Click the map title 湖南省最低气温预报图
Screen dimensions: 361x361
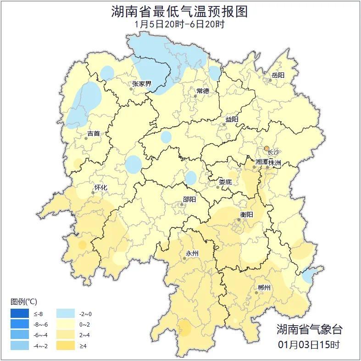[x=180, y=11]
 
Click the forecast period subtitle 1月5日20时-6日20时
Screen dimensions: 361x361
[x=180, y=24]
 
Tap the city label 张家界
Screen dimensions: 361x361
[x=142, y=83]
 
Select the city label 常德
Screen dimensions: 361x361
[x=203, y=91]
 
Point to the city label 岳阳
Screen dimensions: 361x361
[x=278, y=75]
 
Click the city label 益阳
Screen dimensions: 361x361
[x=232, y=119]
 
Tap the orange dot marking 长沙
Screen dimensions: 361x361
[x=267, y=148]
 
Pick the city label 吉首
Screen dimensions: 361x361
[x=93, y=133]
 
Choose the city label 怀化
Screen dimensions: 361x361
[x=100, y=188]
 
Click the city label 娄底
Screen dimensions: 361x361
[x=225, y=182]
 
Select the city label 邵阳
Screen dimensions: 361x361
[x=189, y=199]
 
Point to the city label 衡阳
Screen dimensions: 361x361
[x=246, y=214]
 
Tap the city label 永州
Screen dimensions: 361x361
[x=192, y=253]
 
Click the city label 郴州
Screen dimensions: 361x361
[x=264, y=288]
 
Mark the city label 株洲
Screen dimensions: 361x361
[x=275, y=162]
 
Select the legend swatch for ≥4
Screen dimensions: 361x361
[x=66, y=345]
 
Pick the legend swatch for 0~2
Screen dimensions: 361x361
[x=66, y=325]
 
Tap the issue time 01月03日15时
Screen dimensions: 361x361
[x=309, y=344]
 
